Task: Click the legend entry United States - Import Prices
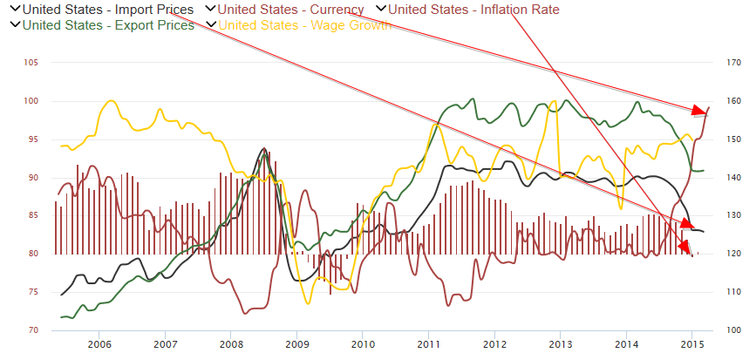tap(107, 10)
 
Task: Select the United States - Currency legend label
tap(290, 10)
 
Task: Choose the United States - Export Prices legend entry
tap(107, 24)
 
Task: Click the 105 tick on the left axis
tap(31, 63)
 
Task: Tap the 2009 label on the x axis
tap(296, 345)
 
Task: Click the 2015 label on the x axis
tap(691, 345)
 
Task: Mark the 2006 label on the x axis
tap(99, 345)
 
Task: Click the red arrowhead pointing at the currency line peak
tap(699, 111)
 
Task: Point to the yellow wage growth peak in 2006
tap(111, 101)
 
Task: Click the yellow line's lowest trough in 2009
tap(307, 302)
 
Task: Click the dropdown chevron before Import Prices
tap(14, 10)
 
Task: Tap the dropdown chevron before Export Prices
tap(14, 24)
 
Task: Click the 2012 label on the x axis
tap(494, 345)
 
